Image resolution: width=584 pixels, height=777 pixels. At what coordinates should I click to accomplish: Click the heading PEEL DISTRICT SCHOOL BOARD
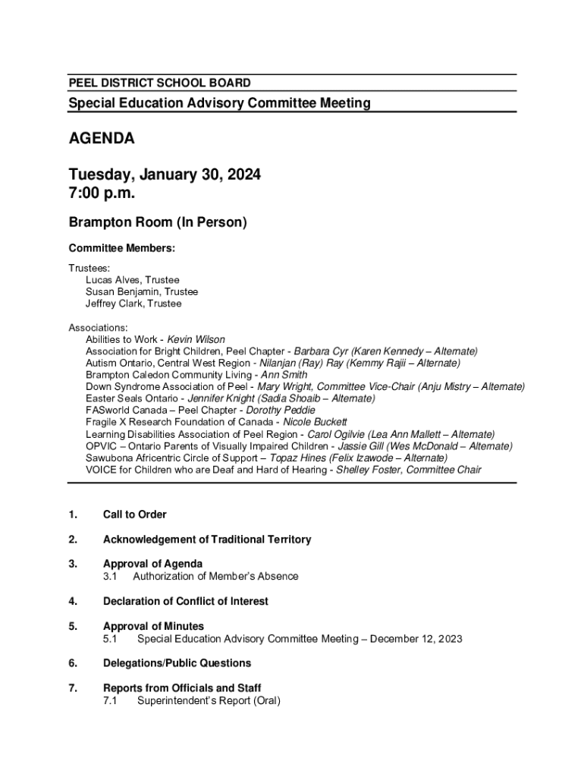pos(159,83)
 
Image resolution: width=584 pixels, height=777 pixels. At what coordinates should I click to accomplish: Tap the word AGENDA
pos(102,139)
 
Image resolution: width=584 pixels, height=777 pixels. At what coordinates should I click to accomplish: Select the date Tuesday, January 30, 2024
pos(165,175)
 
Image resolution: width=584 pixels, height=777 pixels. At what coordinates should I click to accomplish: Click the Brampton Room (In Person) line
pos(158,223)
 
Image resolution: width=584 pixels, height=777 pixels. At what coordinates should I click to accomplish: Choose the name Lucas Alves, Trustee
pos(132,280)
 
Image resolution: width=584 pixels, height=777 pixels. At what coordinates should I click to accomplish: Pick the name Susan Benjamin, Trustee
pos(141,292)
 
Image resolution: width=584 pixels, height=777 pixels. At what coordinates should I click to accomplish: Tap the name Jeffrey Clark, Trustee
pos(133,304)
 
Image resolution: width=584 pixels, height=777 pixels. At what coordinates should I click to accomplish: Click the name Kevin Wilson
pos(196,339)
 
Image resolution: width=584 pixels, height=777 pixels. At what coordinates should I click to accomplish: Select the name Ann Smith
pos(284,375)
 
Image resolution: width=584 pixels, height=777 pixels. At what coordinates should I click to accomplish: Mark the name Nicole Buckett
pos(315,422)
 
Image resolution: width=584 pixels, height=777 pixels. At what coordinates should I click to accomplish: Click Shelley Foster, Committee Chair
pos(408,470)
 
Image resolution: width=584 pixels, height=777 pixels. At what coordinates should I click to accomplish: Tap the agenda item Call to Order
pos(135,514)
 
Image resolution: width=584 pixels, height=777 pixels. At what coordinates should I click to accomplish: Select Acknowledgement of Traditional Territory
pos(207,539)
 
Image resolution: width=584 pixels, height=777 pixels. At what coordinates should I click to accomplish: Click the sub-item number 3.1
pos(110,576)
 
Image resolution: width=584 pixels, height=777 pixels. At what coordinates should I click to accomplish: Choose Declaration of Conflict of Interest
pos(186,601)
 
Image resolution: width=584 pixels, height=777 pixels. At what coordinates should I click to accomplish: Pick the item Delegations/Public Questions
pos(177,663)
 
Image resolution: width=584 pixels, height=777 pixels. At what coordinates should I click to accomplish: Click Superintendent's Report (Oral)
pos(209,700)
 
